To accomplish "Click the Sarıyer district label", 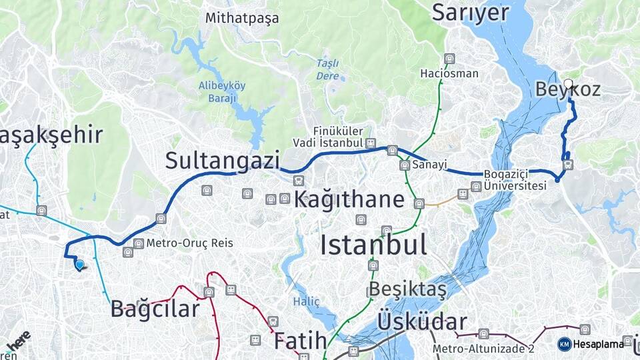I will [471, 13].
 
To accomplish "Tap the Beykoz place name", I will [568, 90].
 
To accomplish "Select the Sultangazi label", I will [222, 160].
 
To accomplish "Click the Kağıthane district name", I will [349, 199].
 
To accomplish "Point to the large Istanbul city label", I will [373, 245].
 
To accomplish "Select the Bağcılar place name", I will [155, 309].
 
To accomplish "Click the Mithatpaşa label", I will [242, 18].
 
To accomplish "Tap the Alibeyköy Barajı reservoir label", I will [223, 91].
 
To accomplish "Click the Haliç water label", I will [307, 302].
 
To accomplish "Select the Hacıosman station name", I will [449, 73].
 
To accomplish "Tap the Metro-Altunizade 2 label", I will [483, 348].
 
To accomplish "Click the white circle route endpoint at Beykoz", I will [568, 83].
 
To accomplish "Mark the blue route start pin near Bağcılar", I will [79, 265].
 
